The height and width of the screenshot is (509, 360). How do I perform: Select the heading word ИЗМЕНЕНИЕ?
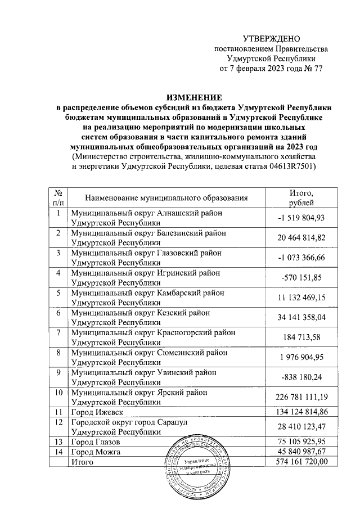pyautogui.click(x=192, y=97)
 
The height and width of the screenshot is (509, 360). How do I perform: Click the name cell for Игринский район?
pyautogui.click(x=143, y=278)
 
